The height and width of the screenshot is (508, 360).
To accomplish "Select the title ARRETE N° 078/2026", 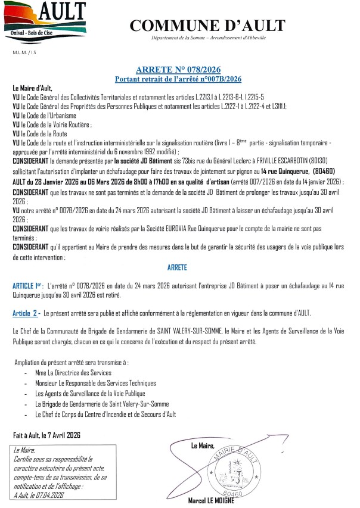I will tap(179, 70).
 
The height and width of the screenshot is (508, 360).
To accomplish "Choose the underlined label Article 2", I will tap(25, 313).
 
